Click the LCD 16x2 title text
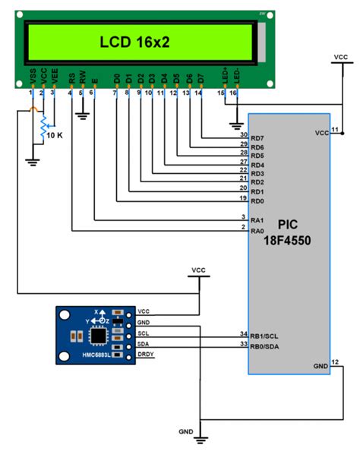[x=141, y=43]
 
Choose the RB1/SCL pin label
[x=266, y=334]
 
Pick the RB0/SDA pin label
[x=266, y=345]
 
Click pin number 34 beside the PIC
[x=244, y=333]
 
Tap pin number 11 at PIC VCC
[x=335, y=130]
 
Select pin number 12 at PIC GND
[x=335, y=363]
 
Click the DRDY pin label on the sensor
[x=146, y=355]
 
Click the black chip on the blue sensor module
[x=99, y=335]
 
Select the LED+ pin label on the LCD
[x=224, y=78]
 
